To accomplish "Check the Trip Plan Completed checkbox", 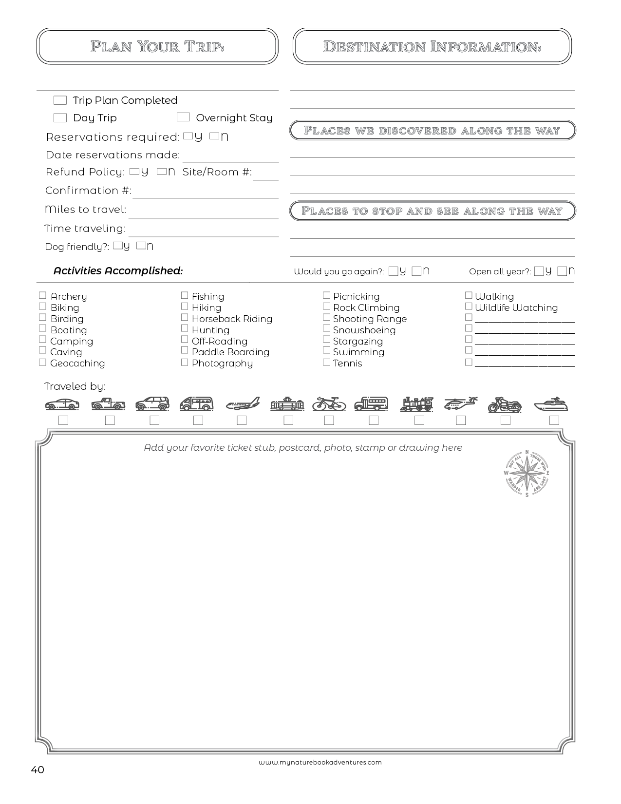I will (60, 100).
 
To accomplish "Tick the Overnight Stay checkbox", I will (183, 117).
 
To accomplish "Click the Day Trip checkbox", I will (60, 118).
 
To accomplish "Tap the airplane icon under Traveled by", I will (243, 404).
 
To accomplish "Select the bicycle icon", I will (329, 403).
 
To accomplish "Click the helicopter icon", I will (460, 403).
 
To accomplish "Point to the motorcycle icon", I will (505, 404).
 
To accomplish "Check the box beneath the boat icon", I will (554, 420).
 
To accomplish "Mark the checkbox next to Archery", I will (42, 295).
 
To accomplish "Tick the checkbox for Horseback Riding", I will (185, 318).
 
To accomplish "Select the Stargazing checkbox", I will (326, 340).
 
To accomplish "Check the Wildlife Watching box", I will (469, 306).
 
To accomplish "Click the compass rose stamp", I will (527, 473).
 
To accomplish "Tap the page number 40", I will (38, 770).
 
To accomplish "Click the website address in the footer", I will (320, 762).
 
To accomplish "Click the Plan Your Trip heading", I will (157, 47).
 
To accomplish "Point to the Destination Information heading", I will (432, 47).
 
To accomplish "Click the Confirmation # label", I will (88, 191).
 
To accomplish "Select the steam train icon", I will (417, 403).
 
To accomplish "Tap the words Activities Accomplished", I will (118, 271).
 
